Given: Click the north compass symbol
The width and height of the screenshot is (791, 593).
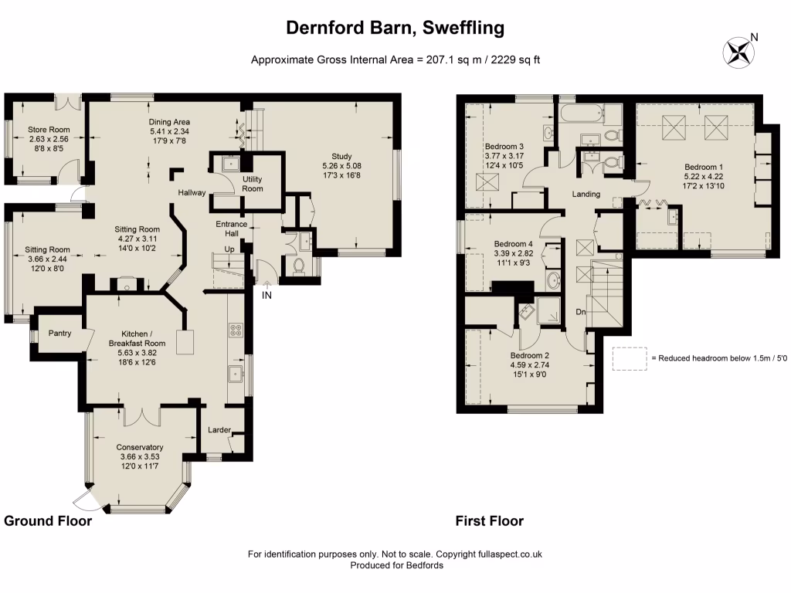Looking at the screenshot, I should [x=738, y=52].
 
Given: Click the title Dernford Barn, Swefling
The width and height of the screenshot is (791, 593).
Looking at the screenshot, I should [x=395, y=28].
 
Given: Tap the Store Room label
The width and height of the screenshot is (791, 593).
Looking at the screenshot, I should [x=49, y=129].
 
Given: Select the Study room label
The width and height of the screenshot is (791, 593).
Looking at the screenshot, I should [x=341, y=156].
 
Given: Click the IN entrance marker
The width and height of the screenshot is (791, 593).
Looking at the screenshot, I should [x=266, y=296].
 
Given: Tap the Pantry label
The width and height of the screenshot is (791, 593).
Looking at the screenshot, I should [x=59, y=334].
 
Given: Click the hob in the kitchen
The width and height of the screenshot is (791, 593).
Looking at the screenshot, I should [x=236, y=331].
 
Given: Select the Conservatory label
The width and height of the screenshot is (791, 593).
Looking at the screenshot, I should [x=140, y=447].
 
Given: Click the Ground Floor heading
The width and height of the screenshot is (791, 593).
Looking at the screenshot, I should [x=48, y=521].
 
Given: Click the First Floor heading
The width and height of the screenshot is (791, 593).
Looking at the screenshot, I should [x=490, y=521].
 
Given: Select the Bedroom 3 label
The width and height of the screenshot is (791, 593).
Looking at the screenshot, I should [x=504, y=147].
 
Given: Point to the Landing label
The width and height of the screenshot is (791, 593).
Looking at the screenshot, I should [x=586, y=194].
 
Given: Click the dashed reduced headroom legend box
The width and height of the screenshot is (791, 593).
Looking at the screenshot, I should [x=630, y=358].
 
